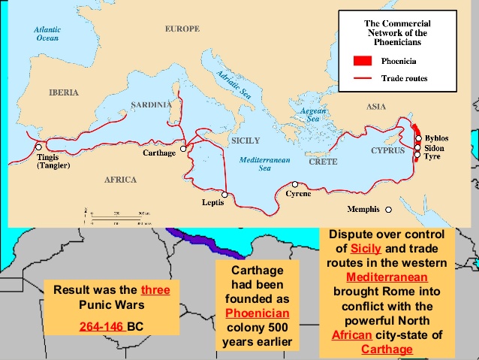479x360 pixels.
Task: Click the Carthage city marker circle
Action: point(182,149)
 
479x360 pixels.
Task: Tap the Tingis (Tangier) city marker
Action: point(38,147)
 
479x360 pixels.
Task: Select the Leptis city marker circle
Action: point(224,195)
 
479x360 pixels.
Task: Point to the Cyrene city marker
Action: point(296,184)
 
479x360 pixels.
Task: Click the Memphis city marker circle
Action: point(389,209)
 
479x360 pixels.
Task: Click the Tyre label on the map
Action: point(434,159)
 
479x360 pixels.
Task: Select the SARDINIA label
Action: point(152,105)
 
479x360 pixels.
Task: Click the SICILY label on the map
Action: point(246,141)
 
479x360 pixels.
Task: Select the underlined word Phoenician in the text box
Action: point(257,314)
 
